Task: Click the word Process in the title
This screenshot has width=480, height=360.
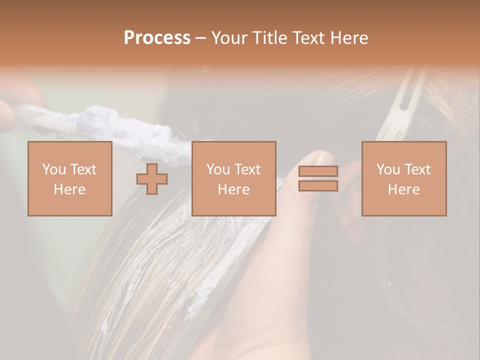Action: pos(157,37)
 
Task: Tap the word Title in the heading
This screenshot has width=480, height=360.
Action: pos(270,37)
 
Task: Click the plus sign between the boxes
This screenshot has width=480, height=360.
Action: pos(152,179)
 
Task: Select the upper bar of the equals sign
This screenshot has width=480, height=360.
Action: pos(318,171)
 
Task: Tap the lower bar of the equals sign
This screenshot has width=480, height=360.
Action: pos(318,186)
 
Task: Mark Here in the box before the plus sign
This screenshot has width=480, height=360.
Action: pos(69,189)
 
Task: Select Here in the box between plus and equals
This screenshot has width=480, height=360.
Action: pos(233,189)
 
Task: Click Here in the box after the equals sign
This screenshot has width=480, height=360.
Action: pos(403,189)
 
